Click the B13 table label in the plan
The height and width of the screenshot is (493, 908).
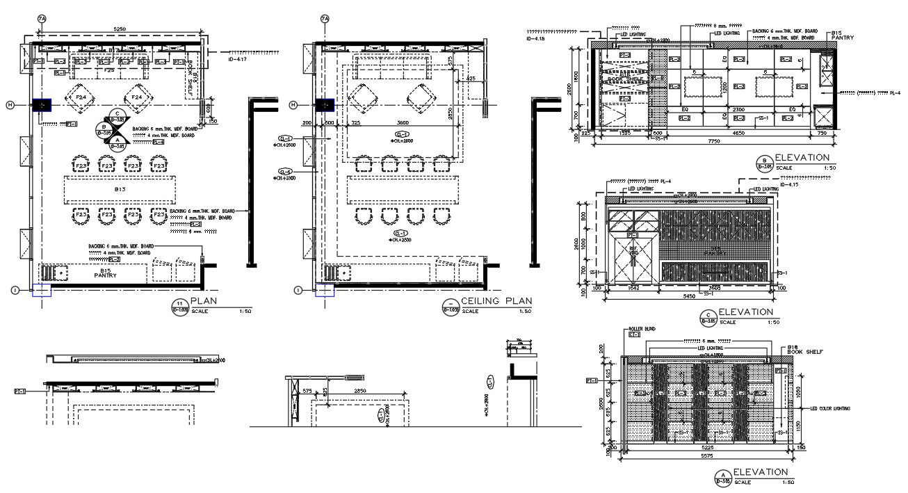coord(120,188)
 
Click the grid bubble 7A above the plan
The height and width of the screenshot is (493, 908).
coord(42,18)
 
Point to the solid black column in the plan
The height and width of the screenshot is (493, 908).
coord(42,105)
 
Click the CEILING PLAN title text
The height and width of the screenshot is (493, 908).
coord(496,301)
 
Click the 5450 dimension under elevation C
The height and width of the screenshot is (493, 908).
coord(688,296)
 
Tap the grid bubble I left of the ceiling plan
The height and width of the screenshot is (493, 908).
coord(298,290)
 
